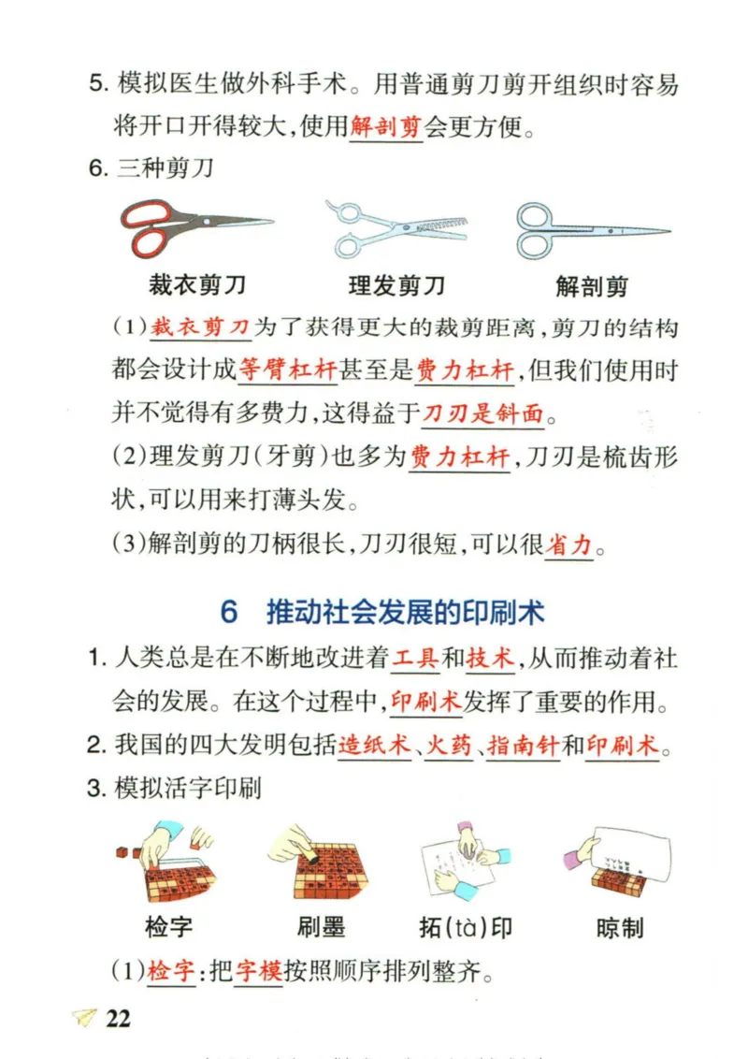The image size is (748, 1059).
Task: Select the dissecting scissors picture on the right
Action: (x=591, y=230)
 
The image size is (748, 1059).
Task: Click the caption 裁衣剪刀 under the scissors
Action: (x=197, y=285)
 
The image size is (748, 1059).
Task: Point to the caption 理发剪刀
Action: (x=396, y=285)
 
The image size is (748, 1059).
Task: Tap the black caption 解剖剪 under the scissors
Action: (x=592, y=286)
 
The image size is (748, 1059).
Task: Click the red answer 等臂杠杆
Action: (x=287, y=370)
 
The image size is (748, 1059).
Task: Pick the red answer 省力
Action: (x=569, y=544)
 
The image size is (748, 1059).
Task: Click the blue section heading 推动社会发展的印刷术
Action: (x=406, y=613)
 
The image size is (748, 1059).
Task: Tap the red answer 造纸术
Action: (x=375, y=746)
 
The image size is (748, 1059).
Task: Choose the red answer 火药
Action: (x=450, y=746)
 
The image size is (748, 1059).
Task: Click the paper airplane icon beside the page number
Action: (x=84, y=1019)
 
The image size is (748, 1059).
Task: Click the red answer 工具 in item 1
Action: (x=415, y=659)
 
